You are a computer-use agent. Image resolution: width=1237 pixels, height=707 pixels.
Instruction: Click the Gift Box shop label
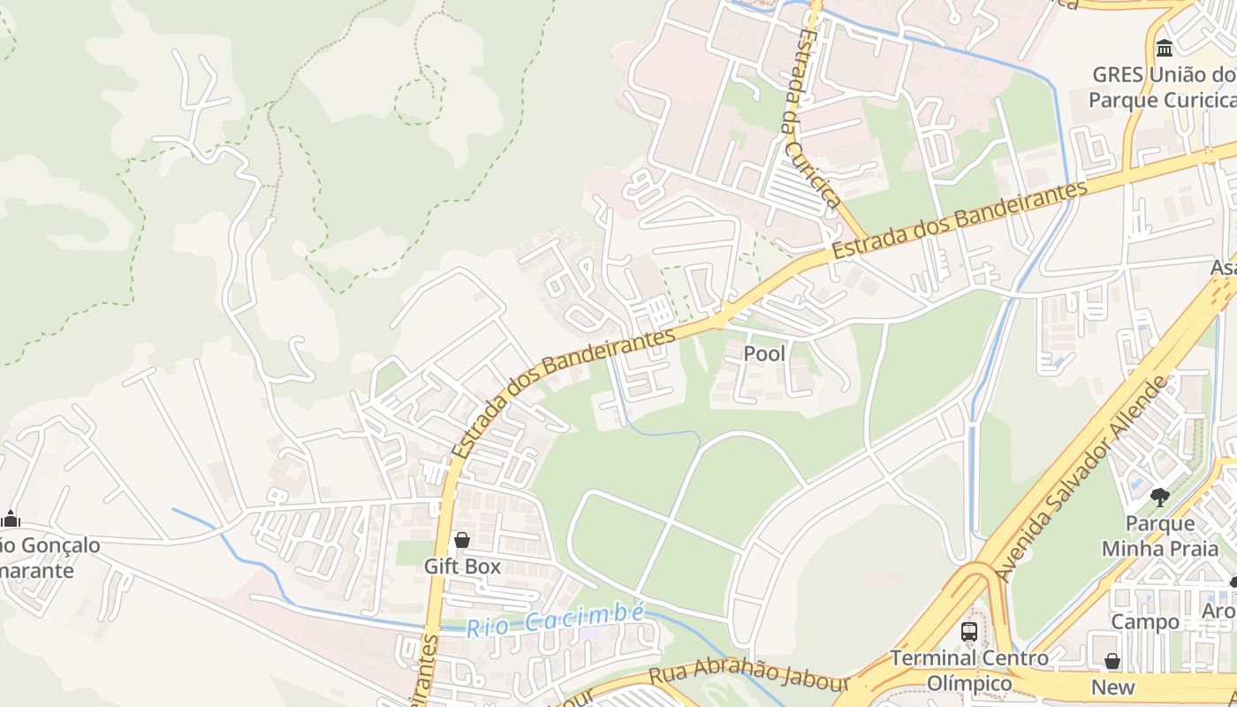tap(462, 566)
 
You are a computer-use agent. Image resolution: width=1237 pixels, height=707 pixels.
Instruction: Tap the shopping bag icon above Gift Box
tap(461, 539)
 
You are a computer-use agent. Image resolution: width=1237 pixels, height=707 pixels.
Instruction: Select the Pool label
tap(764, 353)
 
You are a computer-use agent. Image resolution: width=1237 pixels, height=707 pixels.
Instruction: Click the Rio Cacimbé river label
tap(556, 620)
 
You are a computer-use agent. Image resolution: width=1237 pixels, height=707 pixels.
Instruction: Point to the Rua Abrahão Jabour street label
tap(748, 673)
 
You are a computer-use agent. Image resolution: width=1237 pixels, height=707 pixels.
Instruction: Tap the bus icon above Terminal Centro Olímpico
tap(969, 631)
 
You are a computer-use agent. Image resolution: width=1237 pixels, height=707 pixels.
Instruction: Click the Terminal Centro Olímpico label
tap(969, 671)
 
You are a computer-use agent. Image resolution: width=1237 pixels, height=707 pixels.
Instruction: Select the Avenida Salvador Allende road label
tap(1081, 480)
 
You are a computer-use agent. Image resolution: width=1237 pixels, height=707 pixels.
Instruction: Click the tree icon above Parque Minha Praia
tap(1160, 498)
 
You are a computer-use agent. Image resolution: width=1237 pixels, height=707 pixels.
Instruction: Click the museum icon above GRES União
tap(1165, 48)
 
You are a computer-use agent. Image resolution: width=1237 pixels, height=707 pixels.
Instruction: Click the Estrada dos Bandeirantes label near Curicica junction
tap(960, 220)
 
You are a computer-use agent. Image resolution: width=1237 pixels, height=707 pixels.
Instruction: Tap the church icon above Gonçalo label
tap(11, 519)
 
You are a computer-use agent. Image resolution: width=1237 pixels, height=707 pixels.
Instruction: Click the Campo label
tap(1145, 621)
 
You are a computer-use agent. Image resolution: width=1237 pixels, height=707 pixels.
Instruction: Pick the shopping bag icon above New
tap(1112, 661)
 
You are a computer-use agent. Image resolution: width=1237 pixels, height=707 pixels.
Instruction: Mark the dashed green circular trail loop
tap(418, 100)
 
